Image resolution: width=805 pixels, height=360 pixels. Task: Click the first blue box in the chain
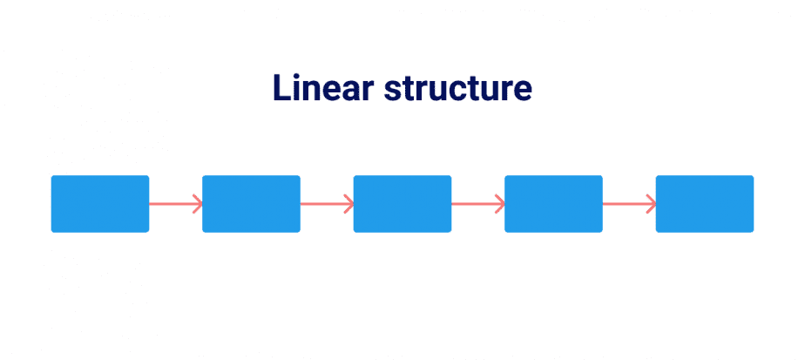(100, 204)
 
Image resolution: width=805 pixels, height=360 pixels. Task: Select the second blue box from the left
(251, 204)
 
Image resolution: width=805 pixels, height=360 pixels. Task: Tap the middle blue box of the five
(402, 204)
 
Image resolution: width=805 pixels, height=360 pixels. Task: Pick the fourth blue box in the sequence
(553, 204)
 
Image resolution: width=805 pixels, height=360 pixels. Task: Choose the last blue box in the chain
(705, 204)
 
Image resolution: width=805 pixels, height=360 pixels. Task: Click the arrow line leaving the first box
(176, 204)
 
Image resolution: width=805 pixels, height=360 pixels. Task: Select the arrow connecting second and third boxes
(327, 204)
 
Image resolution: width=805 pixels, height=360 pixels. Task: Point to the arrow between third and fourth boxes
(478, 204)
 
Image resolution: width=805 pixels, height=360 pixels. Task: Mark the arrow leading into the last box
(629, 204)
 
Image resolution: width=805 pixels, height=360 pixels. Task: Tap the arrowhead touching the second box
(198, 204)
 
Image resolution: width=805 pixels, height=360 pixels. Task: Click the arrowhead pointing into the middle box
(349, 204)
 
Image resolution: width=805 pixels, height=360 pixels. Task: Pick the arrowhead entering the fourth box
(500, 204)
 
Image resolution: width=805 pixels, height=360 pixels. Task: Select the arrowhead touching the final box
(652, 204)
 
